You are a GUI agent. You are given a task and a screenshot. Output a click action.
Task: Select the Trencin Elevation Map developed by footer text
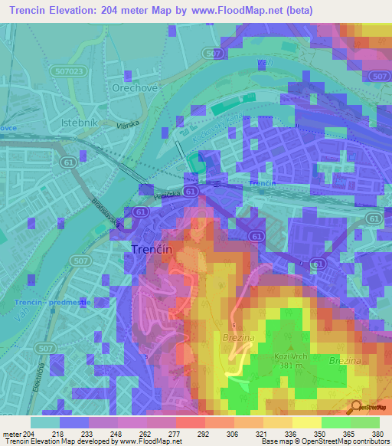tap(61, 441)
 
